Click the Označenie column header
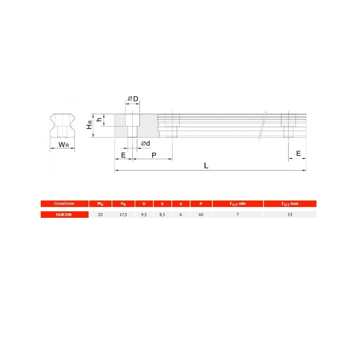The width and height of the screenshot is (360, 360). (64, 204)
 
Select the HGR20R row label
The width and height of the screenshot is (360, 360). (64, 215)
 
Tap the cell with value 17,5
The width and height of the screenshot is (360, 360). (123, 215)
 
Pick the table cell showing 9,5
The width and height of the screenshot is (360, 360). (144, 215)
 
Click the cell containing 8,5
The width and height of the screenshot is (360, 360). (162, 215)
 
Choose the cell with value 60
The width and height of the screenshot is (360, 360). (201, 215)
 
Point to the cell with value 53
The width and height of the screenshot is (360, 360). (290, 215)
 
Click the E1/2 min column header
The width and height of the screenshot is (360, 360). (238, 204)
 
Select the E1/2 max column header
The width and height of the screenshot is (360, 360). (290, 204)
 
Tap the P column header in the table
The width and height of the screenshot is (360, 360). (201, 204)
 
